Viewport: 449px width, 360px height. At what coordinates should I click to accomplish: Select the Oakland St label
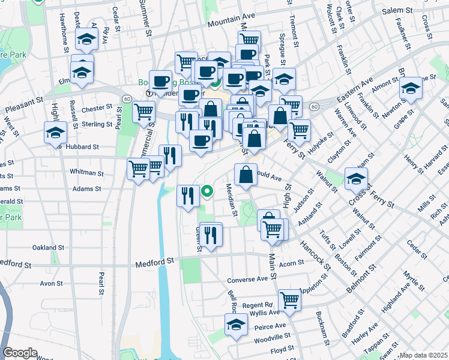click(48, 247)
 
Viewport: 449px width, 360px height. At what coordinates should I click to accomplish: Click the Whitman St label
click(86, 172)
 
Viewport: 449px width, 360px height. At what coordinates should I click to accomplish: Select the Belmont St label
click(360, 272)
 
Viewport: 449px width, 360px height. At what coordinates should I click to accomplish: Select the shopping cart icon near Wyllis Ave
click(289, 299)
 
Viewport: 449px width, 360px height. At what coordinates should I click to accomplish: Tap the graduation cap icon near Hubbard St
click(55, 133)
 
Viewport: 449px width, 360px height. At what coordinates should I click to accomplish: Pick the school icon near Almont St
click(411, 88)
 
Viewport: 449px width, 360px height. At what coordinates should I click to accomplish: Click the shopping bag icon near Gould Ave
click(246, 175)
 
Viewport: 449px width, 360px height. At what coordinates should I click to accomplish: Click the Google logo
click(19, 353)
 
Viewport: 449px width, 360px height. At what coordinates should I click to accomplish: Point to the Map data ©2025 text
click(423, 355)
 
